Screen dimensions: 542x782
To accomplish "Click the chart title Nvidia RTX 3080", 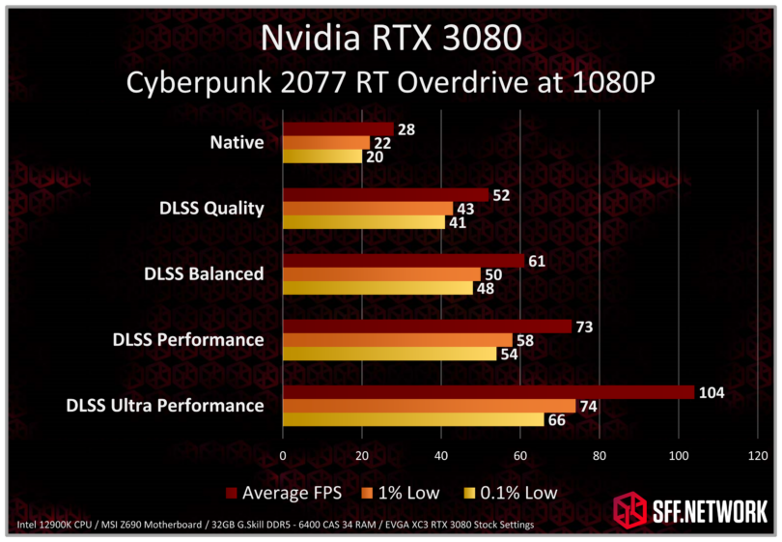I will pyautogui.click(x=391, y=39).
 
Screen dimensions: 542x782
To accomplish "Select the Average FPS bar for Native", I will pyautogui.click(x=338, y=129).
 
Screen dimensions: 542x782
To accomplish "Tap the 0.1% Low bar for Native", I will pyautogui.click(x=321, y=156).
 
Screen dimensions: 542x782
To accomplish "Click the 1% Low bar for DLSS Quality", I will pyautogui.click(x=367, y=209).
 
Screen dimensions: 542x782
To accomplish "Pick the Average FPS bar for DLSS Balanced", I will pyautogui.click(x=403, y=261).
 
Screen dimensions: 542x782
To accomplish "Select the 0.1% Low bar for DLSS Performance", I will pyautogui.click(x=389, y=354).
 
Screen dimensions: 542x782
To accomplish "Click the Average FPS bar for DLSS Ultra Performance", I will pyautogui.click(x=488, y=392).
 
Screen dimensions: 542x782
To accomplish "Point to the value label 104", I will pyautogui.click(x=711, y=392).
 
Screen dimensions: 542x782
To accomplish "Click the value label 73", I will pyautogui.click(x=583, y=327).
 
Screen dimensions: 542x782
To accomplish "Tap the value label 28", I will pyautogui.click(x=405, y=129).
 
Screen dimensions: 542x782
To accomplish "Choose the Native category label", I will pyautogui.click(x=237, y=143).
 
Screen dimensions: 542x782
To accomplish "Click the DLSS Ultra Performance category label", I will pyautogui.click(x=164, y=405).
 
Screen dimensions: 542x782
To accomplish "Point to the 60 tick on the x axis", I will pyautogui.click(x=520, y=454).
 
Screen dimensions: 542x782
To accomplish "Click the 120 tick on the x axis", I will pyautogui.click(x=758, y=454).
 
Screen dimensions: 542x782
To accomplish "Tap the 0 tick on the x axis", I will pyautogui.click(x=283, y=454).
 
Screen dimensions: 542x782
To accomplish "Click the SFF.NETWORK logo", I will pyautogui.click(x=691, y=508).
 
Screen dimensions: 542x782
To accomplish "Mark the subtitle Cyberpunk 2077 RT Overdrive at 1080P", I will pyautogui.click(x=391, y=83).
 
